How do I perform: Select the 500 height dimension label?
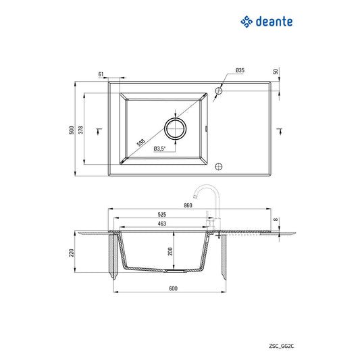71,130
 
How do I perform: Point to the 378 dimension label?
81,130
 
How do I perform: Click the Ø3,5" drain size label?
159,149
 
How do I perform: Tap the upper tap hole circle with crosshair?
219,90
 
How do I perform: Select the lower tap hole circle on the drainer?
217,166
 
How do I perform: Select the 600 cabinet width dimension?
172,288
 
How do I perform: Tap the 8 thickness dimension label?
276,220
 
